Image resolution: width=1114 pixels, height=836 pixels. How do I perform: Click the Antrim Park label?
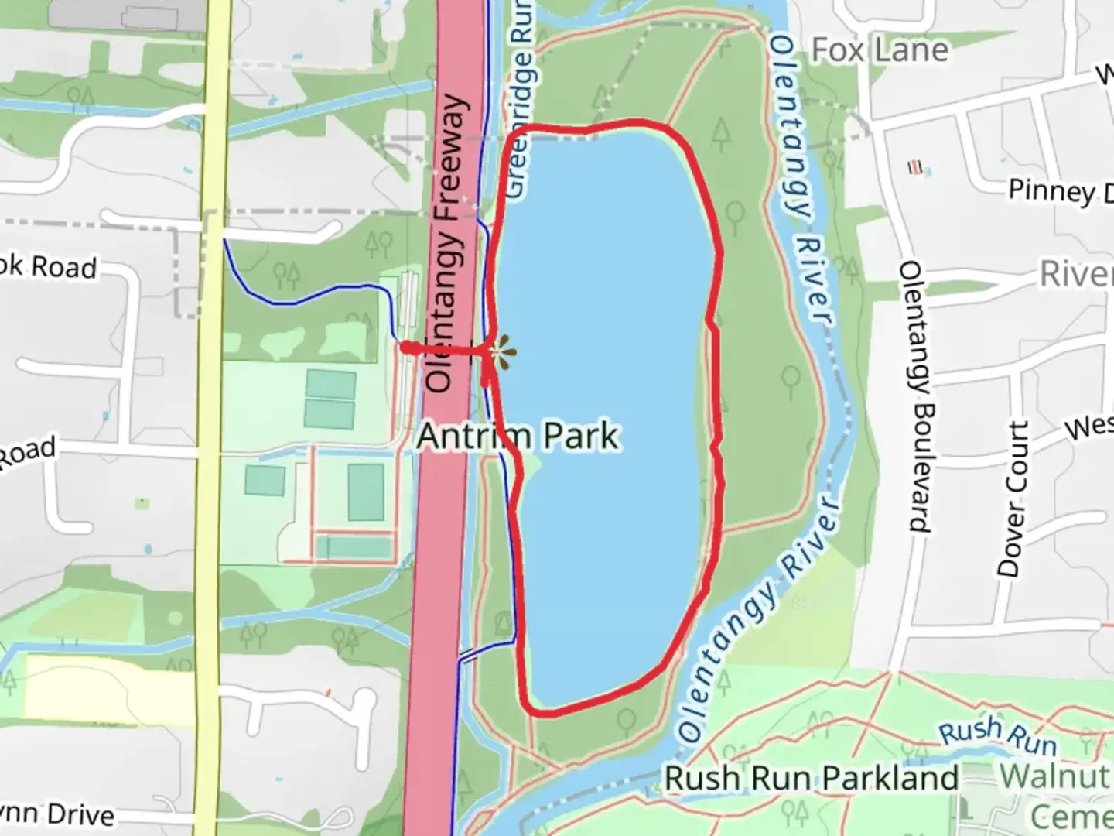coord(518,436)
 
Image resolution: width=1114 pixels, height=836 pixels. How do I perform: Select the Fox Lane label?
coord(880,50)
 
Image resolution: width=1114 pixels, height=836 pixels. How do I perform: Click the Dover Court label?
coord(1013,499)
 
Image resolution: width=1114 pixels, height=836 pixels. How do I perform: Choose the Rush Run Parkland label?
coord(811,778)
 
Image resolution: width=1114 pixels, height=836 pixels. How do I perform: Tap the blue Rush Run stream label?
coord(997,736)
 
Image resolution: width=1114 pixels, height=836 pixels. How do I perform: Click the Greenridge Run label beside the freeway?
coord(520,101)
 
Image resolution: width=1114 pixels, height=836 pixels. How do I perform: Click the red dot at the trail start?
coord(406,348)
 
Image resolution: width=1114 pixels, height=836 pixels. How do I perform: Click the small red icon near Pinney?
coord(916,167)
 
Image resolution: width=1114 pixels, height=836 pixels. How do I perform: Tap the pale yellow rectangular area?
coord(108,689)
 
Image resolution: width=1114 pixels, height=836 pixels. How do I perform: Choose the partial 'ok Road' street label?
coord(48,267)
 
